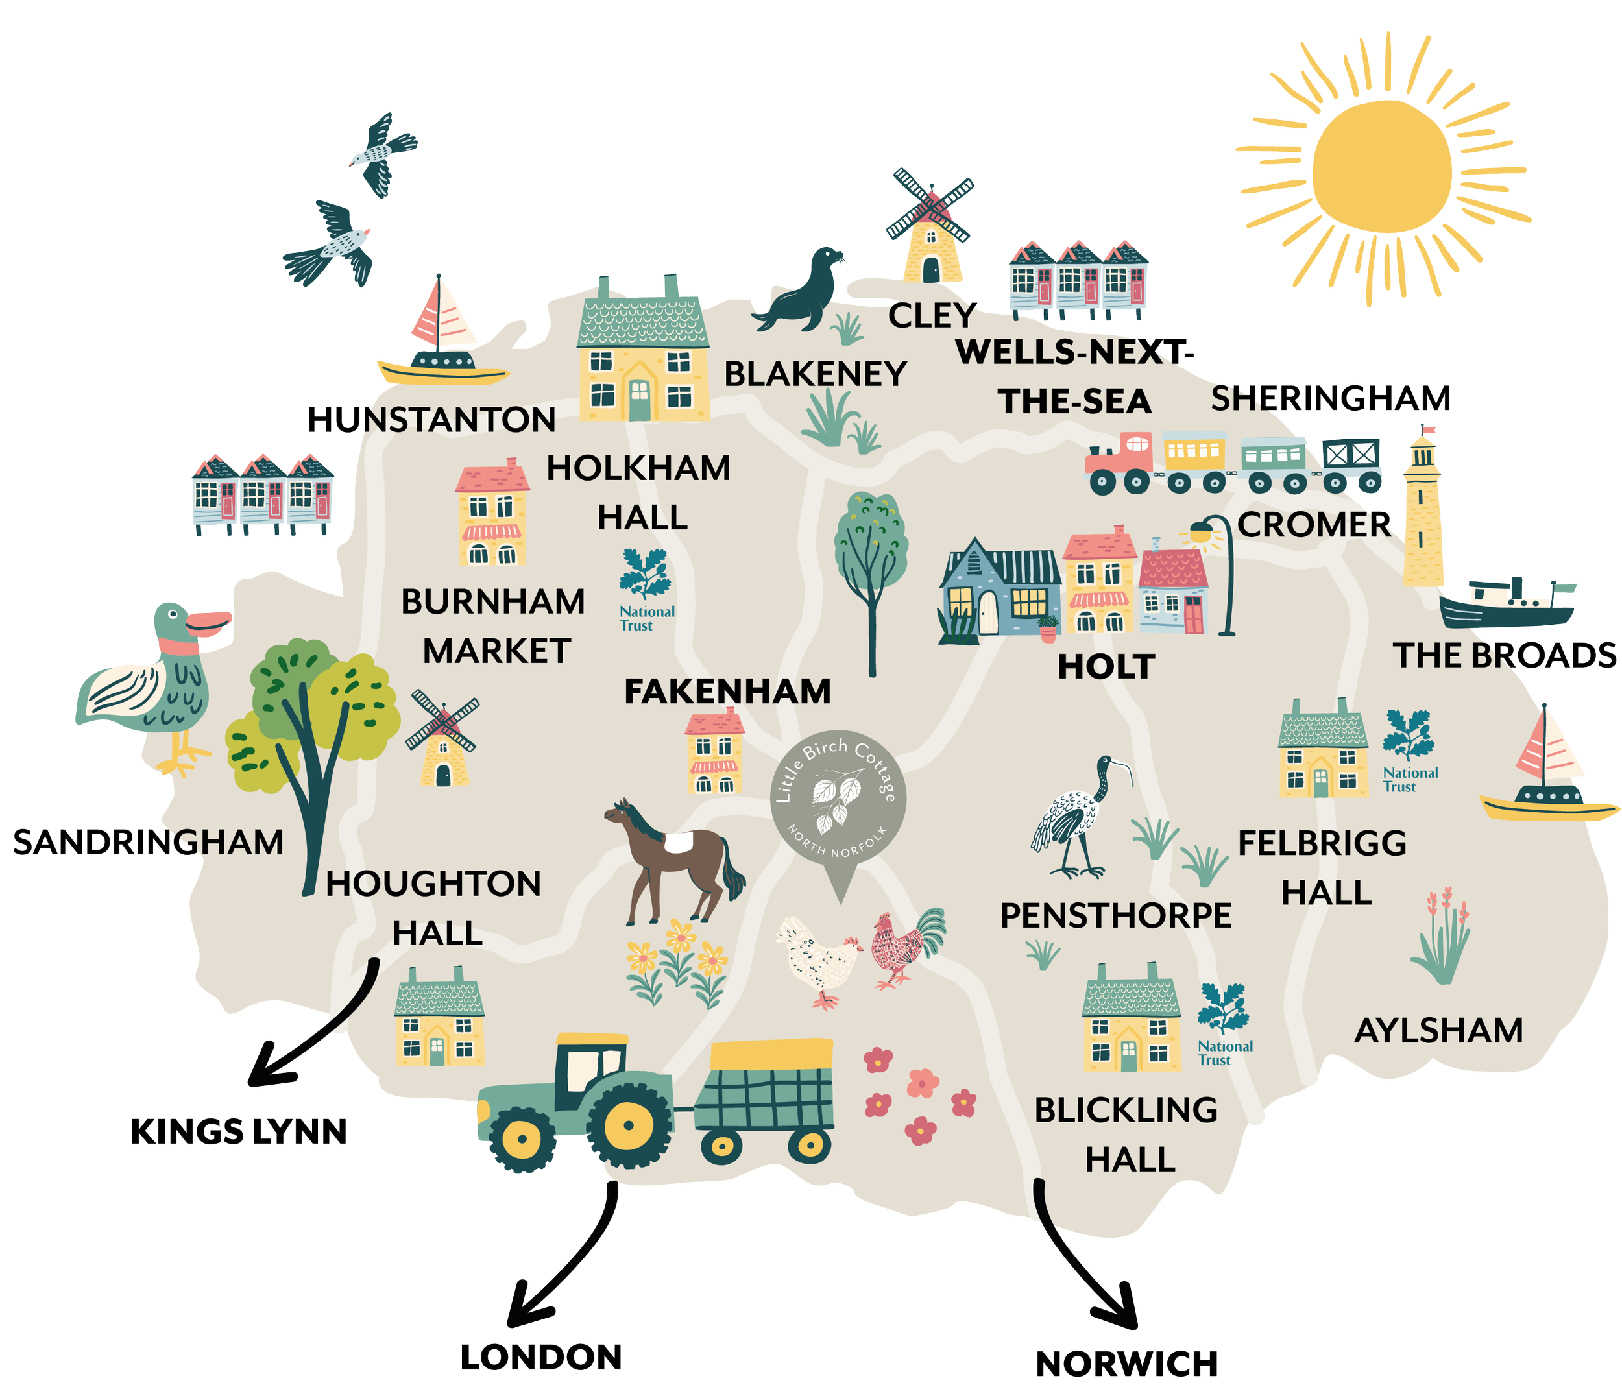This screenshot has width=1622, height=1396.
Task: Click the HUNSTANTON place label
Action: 431,420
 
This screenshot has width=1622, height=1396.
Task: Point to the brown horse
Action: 673,861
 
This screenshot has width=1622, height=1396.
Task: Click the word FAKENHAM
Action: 727,692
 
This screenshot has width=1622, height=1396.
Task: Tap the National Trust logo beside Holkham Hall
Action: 646,591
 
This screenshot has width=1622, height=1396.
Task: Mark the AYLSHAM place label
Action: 1439,1031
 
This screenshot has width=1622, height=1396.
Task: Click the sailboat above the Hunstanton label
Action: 441,337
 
